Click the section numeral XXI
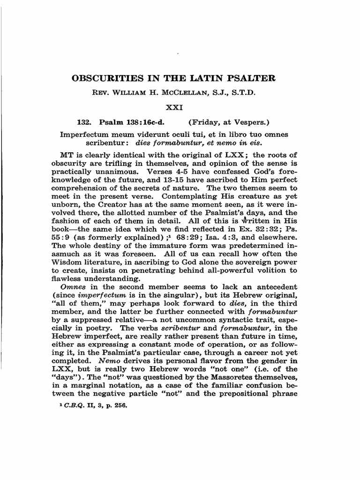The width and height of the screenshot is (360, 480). tap(180, 107)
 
